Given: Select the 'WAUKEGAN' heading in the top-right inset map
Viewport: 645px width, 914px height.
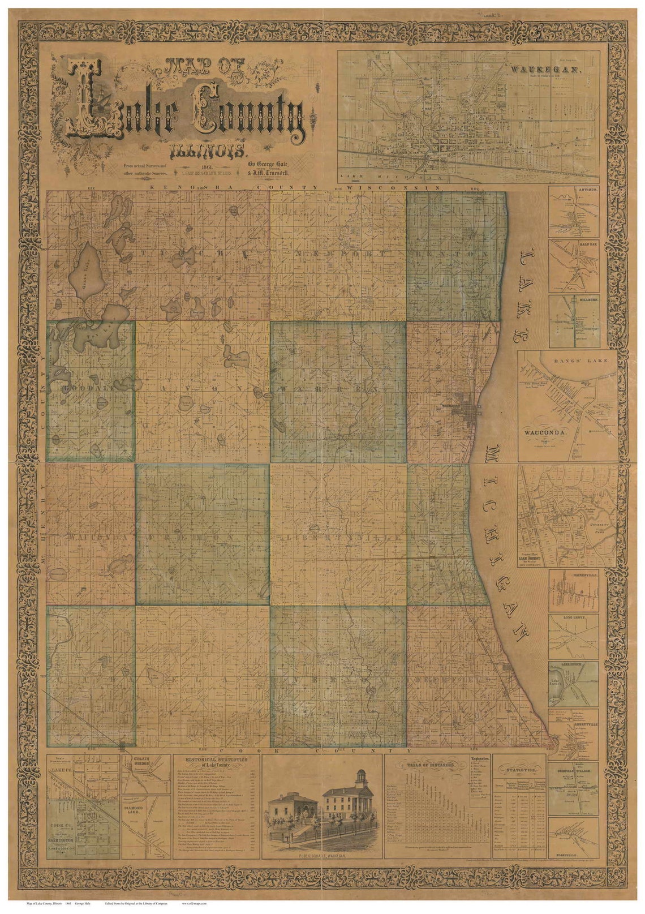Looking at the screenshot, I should tap(545, 69).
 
